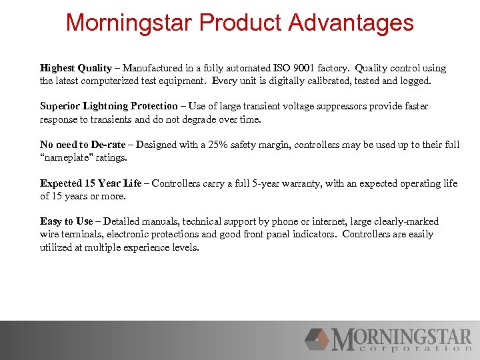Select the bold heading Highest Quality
coord(76,68)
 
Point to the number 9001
coord(306,68)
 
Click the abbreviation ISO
coord(282,68)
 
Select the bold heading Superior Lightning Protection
coord(109,107)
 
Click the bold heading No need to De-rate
coord(83,145)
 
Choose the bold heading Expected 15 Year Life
coord(91,183)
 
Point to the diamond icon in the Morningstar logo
coord(318,339)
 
